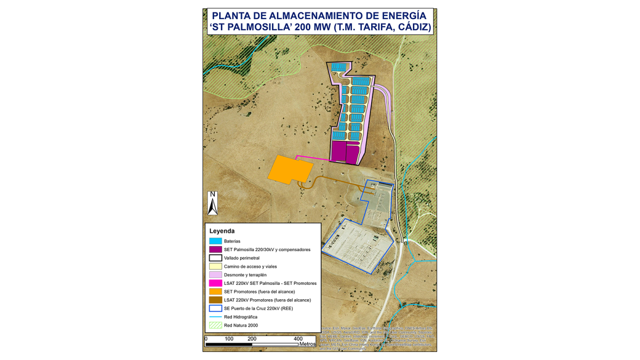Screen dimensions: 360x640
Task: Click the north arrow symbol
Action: (212, 203)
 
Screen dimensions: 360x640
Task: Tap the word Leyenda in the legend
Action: (222, 231)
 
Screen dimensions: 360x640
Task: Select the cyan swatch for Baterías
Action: (215, 241)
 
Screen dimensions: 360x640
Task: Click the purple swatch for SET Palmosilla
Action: (215, 250)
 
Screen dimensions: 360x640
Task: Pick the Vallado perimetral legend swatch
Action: (215, 258)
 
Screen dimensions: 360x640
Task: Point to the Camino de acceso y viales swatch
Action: (215, 266)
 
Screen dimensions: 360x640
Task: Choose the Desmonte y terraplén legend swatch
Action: (215, 275)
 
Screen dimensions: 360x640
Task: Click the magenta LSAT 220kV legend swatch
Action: (215, 283)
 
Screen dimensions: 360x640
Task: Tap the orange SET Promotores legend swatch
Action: (215, 292)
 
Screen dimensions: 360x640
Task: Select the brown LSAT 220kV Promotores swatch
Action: (215, 300)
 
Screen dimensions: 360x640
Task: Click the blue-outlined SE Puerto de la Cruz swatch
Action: (215, 308)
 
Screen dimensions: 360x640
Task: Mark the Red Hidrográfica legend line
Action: (215, 317)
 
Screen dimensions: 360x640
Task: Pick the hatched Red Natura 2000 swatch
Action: (215, 325)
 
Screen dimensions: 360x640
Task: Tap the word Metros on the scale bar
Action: (307, 344)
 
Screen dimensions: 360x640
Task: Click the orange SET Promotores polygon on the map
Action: (290, 169)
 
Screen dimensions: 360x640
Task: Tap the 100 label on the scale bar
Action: (229, 339)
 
